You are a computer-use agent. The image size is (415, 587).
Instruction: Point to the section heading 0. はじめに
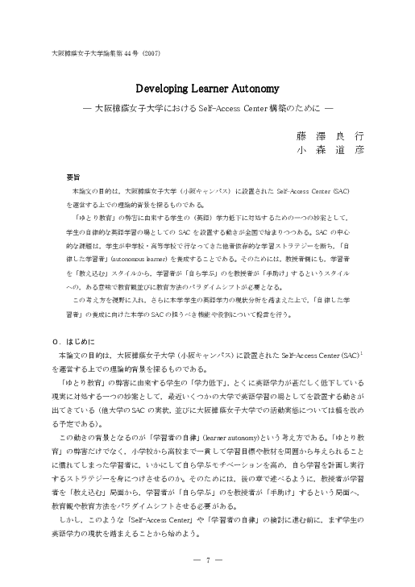coord(73,342)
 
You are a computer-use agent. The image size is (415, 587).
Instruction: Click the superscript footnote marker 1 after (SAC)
coord(363,352)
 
